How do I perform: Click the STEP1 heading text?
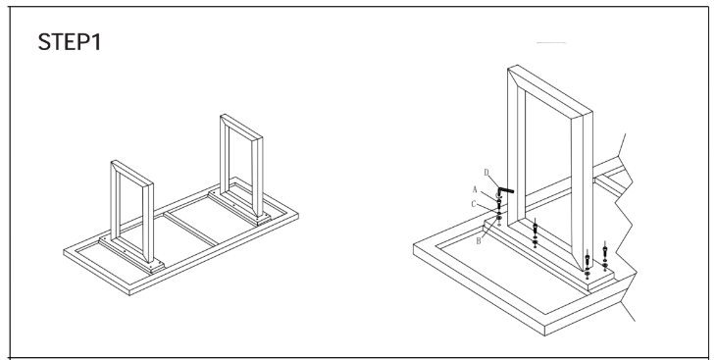point(70,42)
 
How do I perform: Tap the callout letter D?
point(486,173)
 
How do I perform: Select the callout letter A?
point(475,189)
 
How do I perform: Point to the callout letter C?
point(474,204)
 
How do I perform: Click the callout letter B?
point(479,240)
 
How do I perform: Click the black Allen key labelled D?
point(504,190)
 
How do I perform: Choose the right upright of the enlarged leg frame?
point(583,192)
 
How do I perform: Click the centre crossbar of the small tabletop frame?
point(190,229)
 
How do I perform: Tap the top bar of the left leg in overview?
point(132,174)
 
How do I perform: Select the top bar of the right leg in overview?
point(241,128)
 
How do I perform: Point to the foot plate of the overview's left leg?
point(131,256)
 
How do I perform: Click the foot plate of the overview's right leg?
point(239,208)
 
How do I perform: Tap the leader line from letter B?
point(490,230)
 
